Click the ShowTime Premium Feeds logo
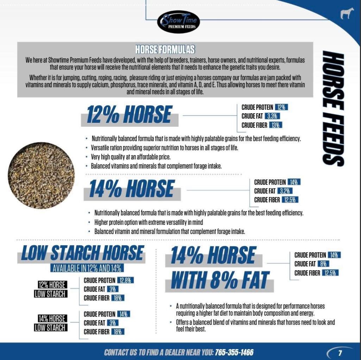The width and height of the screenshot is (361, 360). click(178, 22)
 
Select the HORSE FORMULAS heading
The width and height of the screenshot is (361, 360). click(165, 49)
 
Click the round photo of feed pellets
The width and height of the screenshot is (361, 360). click(41, 175)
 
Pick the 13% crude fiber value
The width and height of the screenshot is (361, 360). click(276, 125)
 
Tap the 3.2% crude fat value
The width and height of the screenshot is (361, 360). click(284, 191)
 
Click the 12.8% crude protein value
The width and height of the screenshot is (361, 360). click(126, 281)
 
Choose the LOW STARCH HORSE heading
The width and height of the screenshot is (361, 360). click(82, 253)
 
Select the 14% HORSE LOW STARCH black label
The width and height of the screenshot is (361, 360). click(52, 323)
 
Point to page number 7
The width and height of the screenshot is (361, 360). click(340, 353)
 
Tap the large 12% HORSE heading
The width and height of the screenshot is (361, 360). click(129, 115)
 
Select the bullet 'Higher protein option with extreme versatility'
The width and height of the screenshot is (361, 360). click(148, 222)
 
